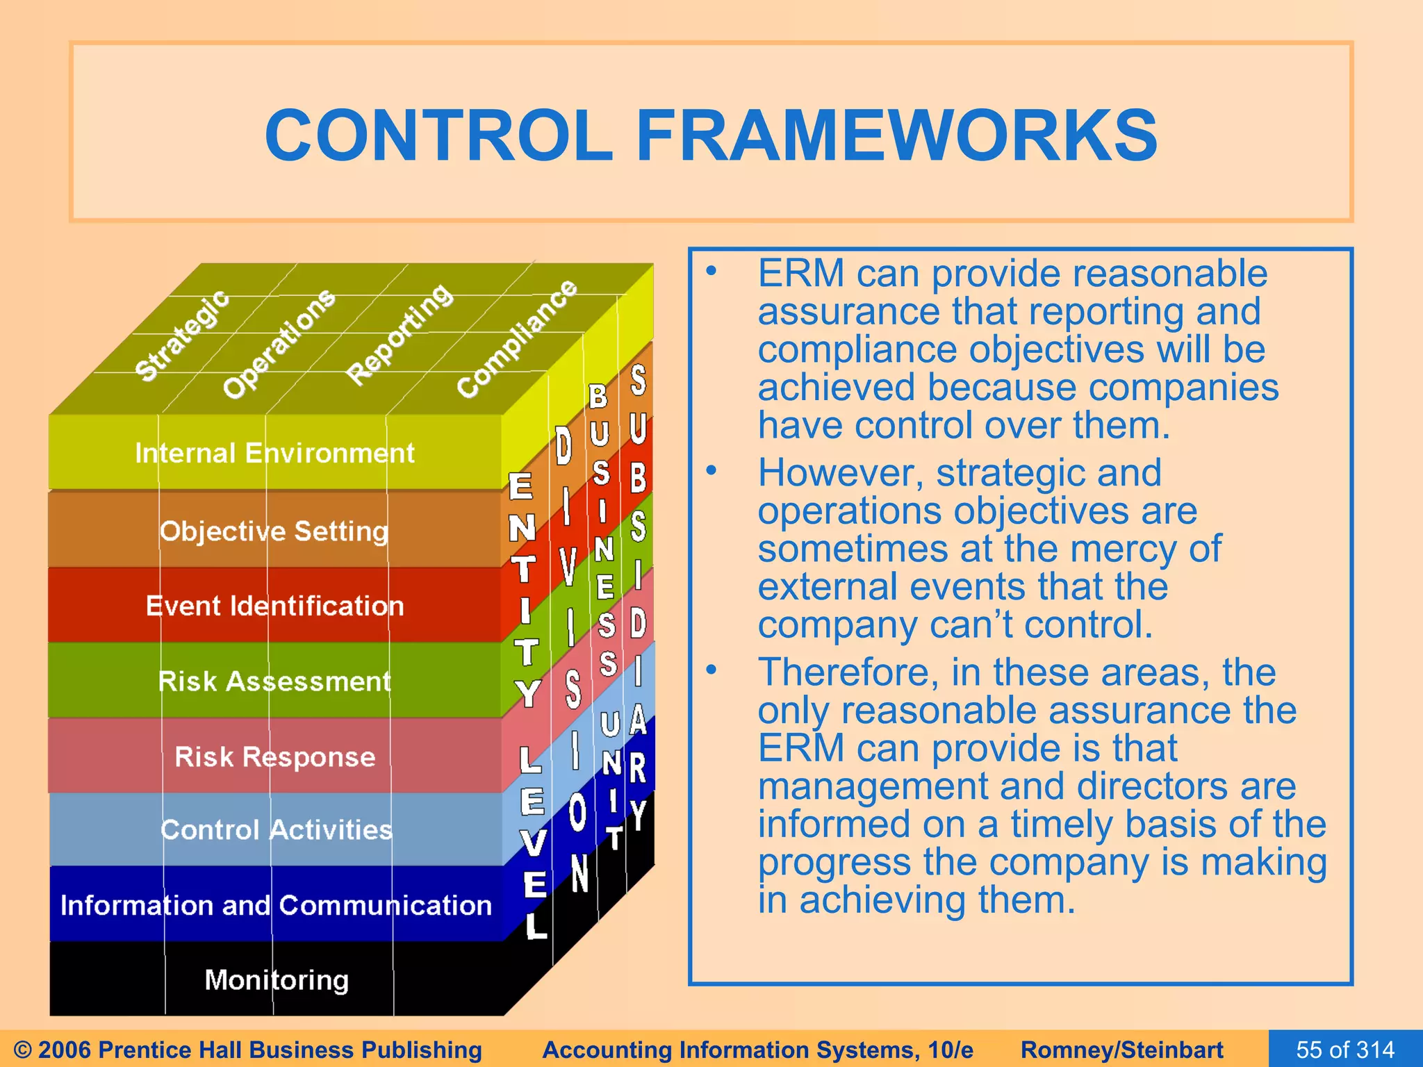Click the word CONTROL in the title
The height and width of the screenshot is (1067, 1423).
coord(438,135)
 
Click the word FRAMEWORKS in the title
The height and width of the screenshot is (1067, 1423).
coord(896,135)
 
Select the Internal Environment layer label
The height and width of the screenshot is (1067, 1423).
coord(274,453)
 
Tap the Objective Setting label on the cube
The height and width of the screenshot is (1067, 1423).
coord(274,531)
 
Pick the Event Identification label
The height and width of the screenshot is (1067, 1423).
coord(274,606)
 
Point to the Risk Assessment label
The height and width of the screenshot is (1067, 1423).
coord(274,681)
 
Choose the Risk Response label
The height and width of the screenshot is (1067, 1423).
coord(274,756)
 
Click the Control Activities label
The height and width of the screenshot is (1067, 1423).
coord(276,829)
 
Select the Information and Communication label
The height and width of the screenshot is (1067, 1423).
coord(276,905)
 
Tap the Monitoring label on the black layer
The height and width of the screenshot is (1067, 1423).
coord(277,979)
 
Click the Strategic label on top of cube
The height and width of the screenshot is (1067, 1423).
coord(181,336)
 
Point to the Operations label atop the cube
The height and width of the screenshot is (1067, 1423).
coord(279,344)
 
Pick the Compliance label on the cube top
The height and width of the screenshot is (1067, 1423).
coord(516,339)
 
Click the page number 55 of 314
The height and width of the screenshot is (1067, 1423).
coord(1345,1049)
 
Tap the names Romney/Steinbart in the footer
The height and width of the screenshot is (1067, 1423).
coord(1121,1050)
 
